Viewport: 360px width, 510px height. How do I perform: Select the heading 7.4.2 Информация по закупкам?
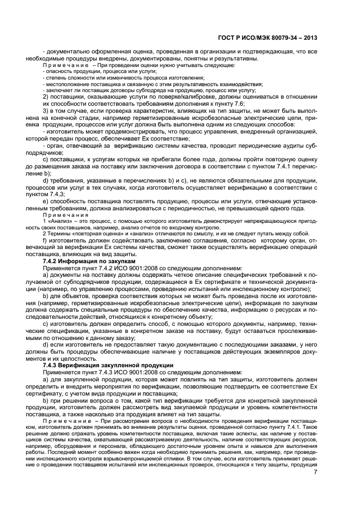click(81, 262)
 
